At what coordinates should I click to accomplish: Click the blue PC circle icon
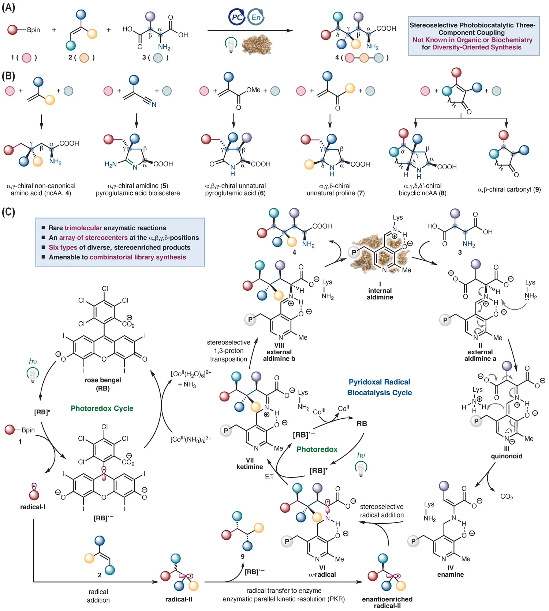click(236, 17)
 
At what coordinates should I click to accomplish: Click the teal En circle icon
click(255, 17)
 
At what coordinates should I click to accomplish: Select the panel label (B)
click(8, 76)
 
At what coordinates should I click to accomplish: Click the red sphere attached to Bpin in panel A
click(13, 30)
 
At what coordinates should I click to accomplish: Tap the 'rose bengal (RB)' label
click(103, 384)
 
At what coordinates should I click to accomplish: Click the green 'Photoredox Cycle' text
click(102, 408)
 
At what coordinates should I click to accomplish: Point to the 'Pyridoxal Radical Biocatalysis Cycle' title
click(380, 387)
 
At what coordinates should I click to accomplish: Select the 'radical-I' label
click(33, 507)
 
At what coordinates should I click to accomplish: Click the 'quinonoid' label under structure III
click(507, 456)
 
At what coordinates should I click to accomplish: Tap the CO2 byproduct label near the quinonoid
click(507, 497)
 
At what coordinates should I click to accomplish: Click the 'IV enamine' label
click(451, 571)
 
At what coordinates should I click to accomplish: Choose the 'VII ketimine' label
click(250, 464)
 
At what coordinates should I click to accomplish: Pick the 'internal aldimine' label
click(380, 294)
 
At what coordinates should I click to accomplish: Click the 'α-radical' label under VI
click(322, 574)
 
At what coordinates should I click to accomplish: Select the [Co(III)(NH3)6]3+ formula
click(191, 439)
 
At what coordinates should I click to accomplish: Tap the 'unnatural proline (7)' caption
click(336, 193)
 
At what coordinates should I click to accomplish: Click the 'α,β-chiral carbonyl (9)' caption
click(509, 189)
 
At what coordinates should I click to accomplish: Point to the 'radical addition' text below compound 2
click(98, 596)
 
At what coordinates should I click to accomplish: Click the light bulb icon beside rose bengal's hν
click(33, 375)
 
